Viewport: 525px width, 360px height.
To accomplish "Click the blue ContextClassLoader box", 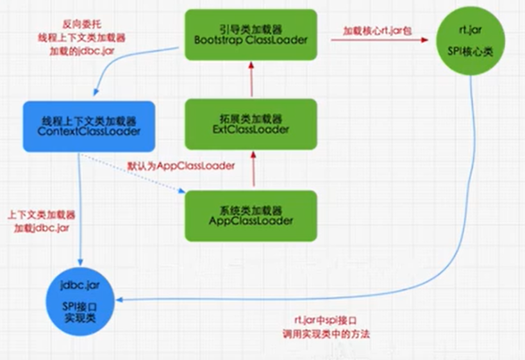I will pyautogui.click(x=89, y=126).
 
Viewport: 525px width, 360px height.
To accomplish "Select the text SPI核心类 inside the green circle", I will pyautogui.click(x=472, y=52).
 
